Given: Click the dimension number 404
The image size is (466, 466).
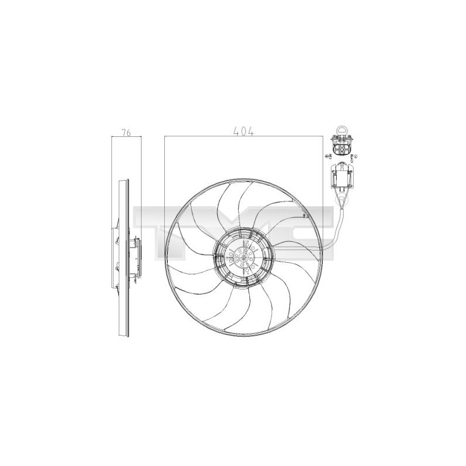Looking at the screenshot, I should coord(243,132).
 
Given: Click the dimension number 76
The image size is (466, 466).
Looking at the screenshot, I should coord(126,132).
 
